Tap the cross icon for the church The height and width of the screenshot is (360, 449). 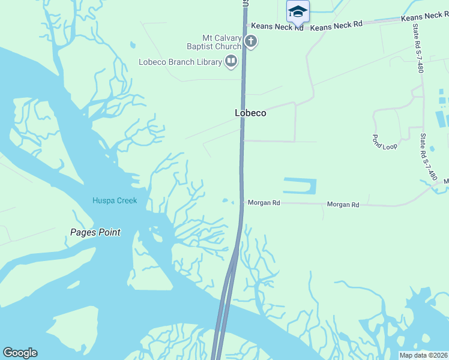251,42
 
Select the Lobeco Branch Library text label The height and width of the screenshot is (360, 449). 179,62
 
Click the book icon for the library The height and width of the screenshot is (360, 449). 231,61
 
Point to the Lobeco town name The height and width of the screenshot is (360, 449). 250,113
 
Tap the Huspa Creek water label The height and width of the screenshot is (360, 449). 115,200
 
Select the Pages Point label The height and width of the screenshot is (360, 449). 95,232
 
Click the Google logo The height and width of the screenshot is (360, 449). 20,353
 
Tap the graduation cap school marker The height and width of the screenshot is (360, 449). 298,11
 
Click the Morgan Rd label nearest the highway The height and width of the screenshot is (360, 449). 264,203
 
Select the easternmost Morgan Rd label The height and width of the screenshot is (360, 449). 343,205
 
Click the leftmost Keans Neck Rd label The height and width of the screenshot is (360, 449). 277,26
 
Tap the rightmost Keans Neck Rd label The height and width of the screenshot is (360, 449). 424,17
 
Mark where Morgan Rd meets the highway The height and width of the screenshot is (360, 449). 243,203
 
